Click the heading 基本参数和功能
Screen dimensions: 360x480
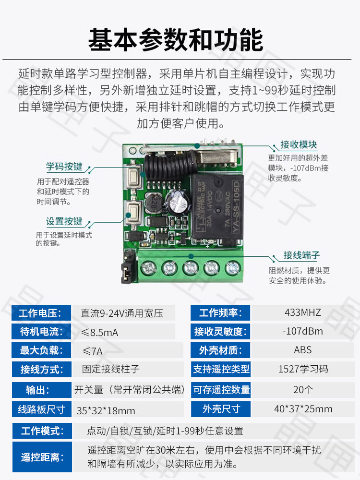click(x=176, y=40)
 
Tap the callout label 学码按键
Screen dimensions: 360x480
click(x=64, y=167)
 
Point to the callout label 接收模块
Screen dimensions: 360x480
click(x=299, y=144)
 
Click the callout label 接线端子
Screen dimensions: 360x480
click(x=301, y=255)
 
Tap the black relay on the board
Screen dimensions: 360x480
click(x=217, y=206)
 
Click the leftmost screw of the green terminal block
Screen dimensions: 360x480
click(x=148, y=268)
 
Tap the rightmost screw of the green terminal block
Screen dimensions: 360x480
click(x=233, y=268)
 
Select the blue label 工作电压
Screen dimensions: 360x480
click(x=40, y=313)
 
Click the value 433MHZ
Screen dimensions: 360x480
click(x=303, y=312)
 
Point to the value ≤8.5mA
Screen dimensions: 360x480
click(x=100, y=333)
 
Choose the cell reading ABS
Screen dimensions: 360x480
click(x=303, y=350)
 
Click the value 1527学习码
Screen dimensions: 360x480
click(x=303, y=369)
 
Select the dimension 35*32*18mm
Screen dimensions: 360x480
click(x=106, y=410)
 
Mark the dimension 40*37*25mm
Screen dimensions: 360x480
click(x=303, y=408)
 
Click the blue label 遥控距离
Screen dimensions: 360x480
click(x=42, y=457)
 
